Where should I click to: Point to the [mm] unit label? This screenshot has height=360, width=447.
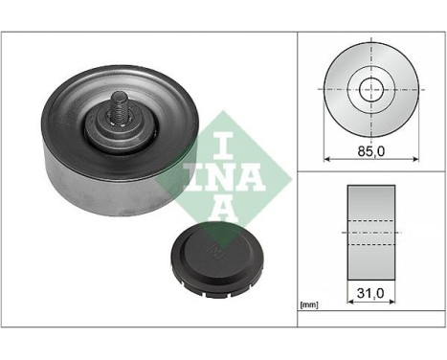309,304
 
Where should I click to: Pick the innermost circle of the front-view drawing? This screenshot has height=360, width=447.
370,88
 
